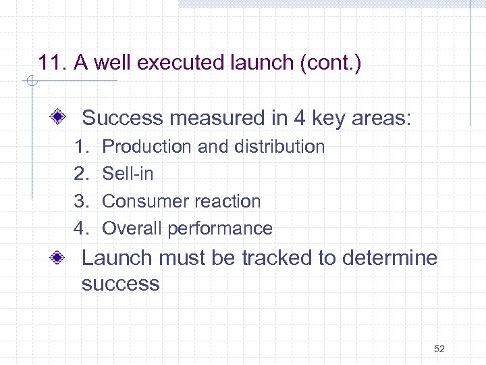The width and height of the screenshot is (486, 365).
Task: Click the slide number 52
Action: (439, 349)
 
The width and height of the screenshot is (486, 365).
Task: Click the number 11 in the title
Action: (50, 64)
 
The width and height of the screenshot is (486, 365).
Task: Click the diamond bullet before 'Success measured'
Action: (59, 118)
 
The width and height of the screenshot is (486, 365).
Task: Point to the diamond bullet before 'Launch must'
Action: (59, 258)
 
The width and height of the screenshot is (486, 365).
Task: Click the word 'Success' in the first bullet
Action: (123, 118)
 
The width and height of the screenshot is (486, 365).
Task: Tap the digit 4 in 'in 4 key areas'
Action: (299, 118)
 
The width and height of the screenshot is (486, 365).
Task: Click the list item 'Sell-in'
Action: (128, 174)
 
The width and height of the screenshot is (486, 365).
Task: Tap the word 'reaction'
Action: (227, 201)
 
